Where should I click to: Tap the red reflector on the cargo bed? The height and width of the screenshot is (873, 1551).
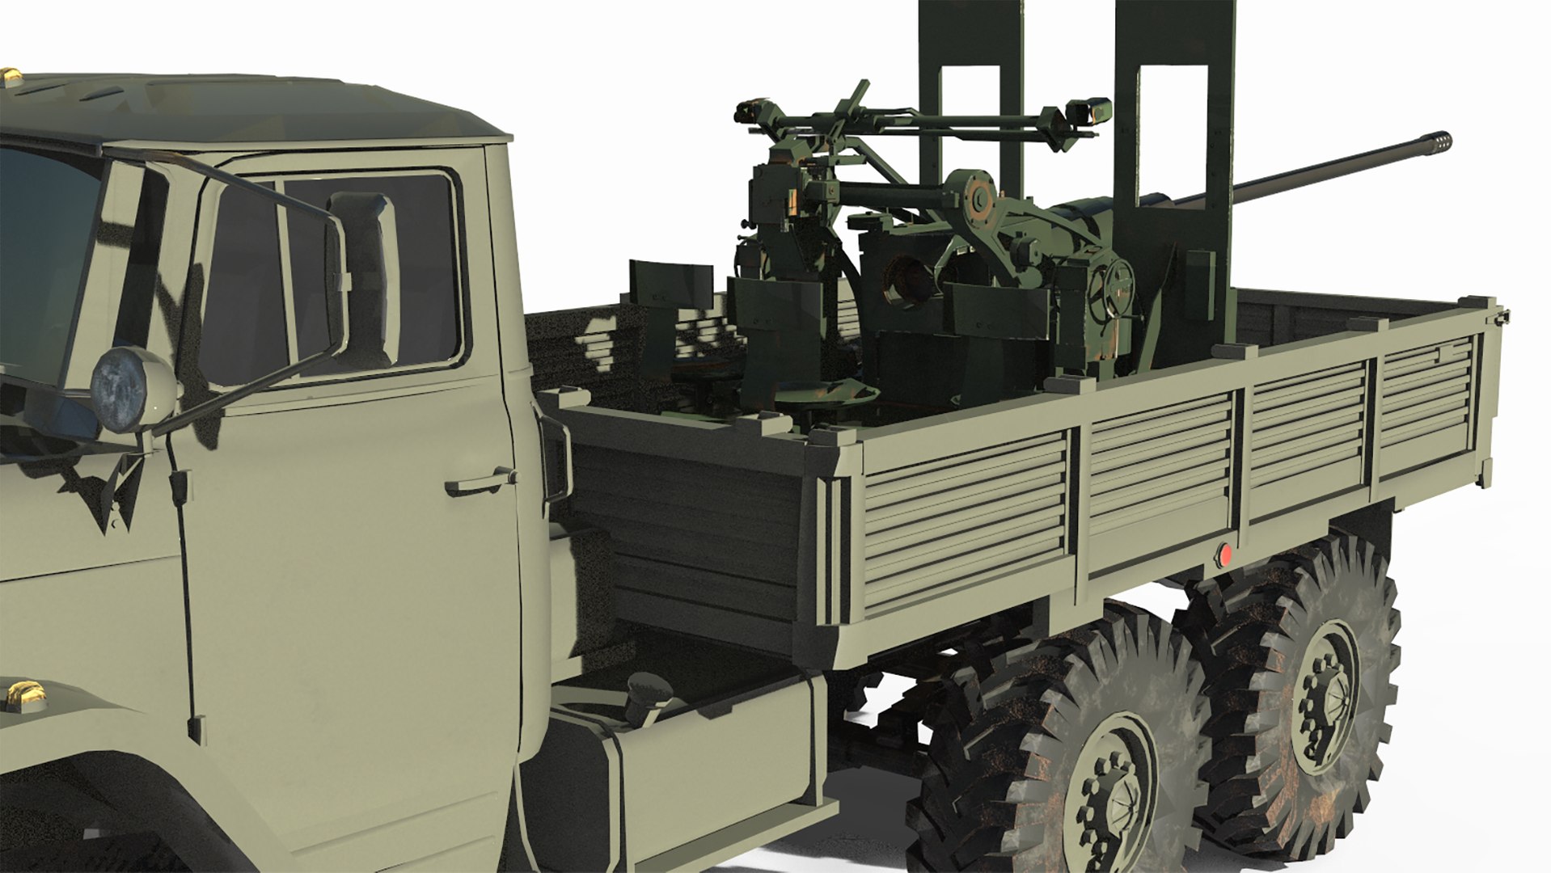pos(1225,555)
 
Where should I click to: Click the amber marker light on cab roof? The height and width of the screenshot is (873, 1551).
pos(12,75)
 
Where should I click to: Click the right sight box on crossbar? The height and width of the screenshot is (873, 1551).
pos(1088,111)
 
